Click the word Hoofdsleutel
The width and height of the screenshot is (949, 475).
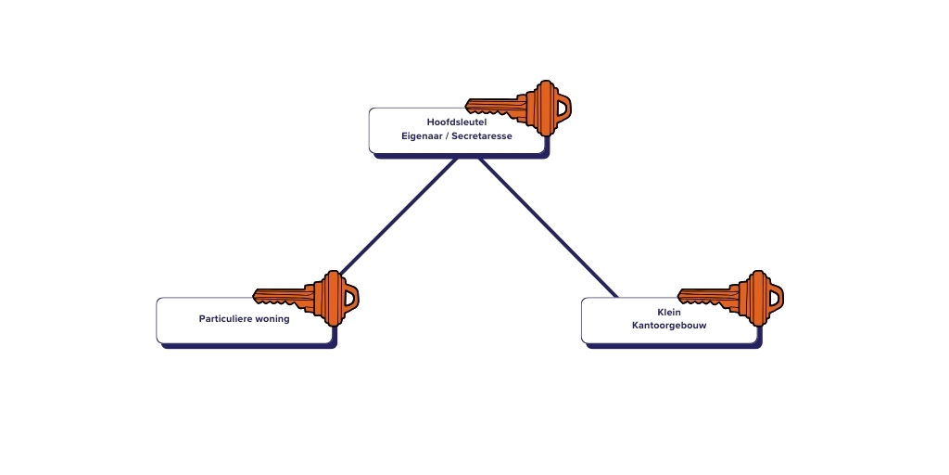click(x=456, y=122)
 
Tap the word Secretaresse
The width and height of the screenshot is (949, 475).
click(x=482, y=136)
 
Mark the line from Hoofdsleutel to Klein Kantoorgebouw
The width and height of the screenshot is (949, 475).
click(x=547, y=227)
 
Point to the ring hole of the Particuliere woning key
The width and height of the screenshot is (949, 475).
click(x=349, y=297)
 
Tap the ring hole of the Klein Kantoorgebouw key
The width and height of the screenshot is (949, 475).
click(x=775, y=296)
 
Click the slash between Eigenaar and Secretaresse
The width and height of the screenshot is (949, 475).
click(x=446, y=136)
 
